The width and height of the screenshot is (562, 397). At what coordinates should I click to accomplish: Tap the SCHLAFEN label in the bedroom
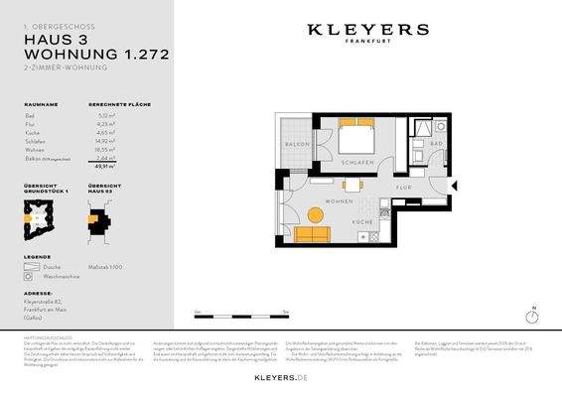pyautogui.click(x=354, y=162)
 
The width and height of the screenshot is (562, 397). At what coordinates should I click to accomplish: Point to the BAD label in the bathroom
pyautogui.click(x=436, y=145)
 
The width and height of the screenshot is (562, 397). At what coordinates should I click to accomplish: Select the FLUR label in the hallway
pyautogui.click(x=403, y=186)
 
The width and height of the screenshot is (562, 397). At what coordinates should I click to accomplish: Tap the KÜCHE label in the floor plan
pyautogui.click(x=361, y=221)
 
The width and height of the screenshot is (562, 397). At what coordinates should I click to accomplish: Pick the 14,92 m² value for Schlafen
pyautogui.click(x=101, y=140)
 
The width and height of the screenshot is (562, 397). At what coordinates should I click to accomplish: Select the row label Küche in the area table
pyautogui.click(x=33, y=132)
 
